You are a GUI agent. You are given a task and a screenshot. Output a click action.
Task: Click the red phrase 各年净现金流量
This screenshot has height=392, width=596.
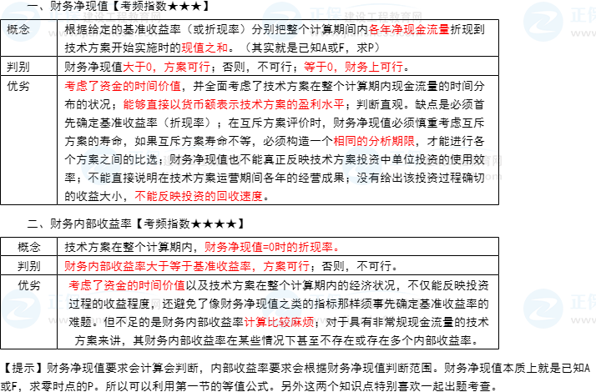409,29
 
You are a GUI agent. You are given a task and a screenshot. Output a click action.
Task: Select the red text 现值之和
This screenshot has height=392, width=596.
205,48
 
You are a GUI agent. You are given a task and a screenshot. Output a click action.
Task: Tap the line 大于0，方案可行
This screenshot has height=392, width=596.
166,67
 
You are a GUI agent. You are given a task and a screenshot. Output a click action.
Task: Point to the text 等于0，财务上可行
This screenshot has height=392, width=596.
353,67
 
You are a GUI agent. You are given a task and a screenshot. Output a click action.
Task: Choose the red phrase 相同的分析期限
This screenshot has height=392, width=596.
374,141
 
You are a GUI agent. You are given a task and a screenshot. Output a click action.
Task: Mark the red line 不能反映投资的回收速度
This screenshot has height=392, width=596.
199,197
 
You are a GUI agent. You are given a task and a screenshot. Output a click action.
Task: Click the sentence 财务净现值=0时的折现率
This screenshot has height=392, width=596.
272,248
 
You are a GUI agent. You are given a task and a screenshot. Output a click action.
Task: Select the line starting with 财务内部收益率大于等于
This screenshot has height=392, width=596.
187,267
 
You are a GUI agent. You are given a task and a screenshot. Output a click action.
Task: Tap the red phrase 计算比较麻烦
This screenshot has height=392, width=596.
279,322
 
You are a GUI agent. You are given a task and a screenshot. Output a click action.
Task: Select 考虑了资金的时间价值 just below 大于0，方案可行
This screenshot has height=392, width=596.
123,86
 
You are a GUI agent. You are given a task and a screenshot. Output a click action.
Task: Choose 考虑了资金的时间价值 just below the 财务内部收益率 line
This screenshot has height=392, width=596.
127,285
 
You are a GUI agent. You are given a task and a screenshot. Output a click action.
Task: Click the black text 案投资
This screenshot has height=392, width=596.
362,159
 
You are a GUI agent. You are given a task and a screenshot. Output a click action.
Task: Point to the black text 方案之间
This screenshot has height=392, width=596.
100,159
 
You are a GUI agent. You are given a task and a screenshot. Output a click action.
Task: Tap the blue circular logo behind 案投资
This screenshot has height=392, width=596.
364,165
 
